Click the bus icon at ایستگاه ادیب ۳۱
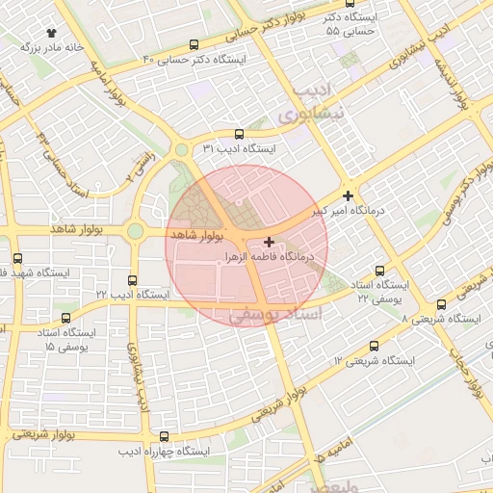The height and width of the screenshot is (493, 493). pyautogui.click(x=239, y=135)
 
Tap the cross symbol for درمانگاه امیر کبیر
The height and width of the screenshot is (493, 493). pyautogui.click(x=349, y=195)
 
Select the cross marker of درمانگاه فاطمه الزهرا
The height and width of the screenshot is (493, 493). pyautogui.click(x=268, y=242)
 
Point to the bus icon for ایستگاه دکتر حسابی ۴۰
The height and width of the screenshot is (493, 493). pyautogui.click(x=195, y=44)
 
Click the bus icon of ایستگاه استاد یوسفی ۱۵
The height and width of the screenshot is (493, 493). pyautogui.click(x=65, y=318)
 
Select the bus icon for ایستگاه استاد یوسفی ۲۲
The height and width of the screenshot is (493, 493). pyautogui.click(x=379, y=271)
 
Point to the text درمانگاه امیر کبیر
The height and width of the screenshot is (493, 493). pyautogui.click(x=350, y=209)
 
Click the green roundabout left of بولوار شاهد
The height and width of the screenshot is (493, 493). pyautogui.click(x=135, y=231)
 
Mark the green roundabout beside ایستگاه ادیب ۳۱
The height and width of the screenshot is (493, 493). pyautogui.click(x=182, y=149)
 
